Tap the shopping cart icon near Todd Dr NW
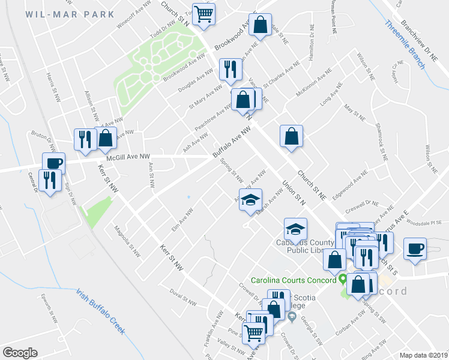204,13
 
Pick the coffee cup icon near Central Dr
53,163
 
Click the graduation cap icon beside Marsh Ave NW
250,200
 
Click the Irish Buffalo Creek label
100,311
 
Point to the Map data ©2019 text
423,355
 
